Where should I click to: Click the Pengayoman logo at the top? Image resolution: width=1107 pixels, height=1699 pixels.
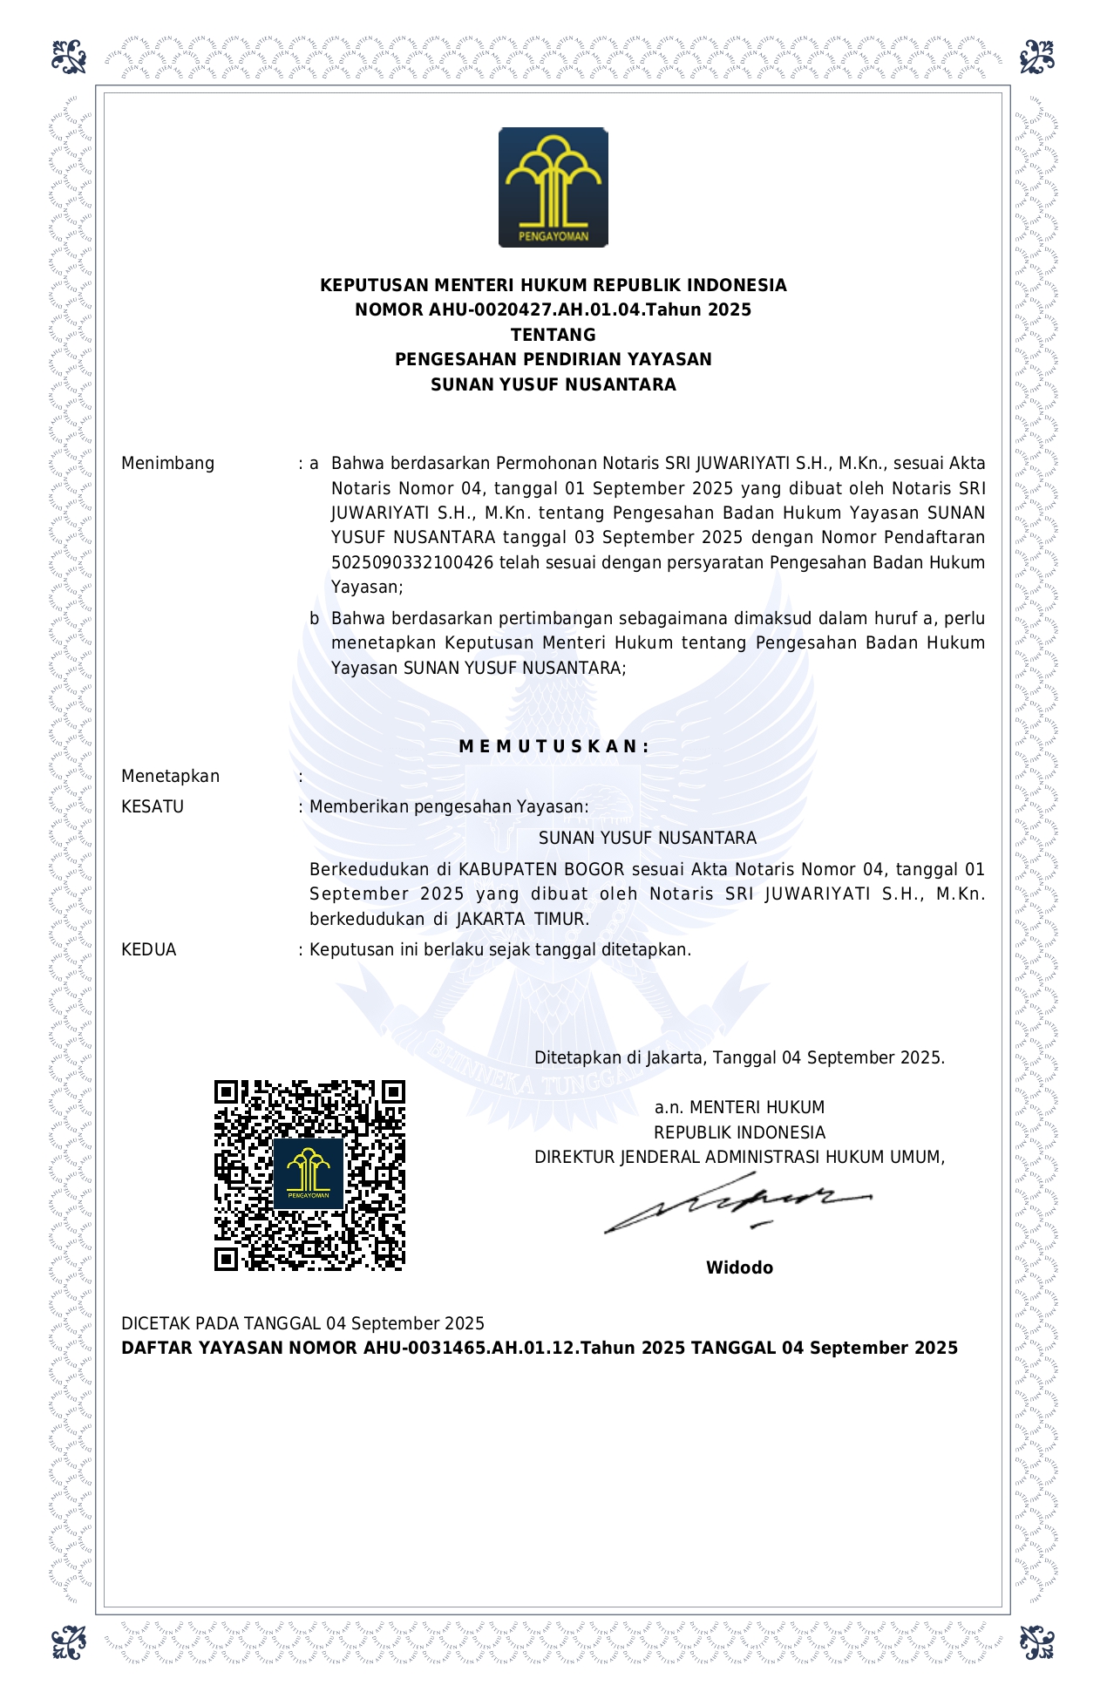pyautogui.click(x=553, y=187)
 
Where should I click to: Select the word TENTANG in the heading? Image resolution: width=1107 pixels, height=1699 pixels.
pyautogui.click(x=553, y=335)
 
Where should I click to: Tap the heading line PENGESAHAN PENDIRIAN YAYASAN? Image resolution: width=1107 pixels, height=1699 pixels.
pyautogui.click(x=553, y=359)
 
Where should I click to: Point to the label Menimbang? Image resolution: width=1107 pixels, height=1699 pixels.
pyautogui.click(x=167, y=464)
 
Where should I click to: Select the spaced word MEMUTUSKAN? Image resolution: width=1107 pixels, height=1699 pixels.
pyautogui.click(x=553, y=746)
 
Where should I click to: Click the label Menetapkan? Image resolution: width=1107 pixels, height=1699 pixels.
pyautogui.click(x=170, y=777)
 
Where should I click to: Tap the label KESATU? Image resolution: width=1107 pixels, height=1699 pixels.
pyautogui.click(x=153, y=807)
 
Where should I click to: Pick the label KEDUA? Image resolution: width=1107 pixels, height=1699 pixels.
pyautogui.click(x=149, y=950)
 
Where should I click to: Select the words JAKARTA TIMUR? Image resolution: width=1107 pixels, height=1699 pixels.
pyautogui.click(x=522, y=920)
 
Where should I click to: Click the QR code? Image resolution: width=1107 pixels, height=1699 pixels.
pyautogui.click(x=309, y=1175)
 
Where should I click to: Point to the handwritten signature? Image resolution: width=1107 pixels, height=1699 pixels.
pyautogui.click(x=737, y=1203)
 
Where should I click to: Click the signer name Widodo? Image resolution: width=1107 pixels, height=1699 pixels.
pyautogui.click(x=739, y=1268)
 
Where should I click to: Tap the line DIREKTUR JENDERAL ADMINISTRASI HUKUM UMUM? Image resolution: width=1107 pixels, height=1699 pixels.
pyautogui.click(x=739, y=1158)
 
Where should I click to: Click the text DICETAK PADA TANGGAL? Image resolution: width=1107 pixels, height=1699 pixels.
pyautogui.click(x=221, y=1324)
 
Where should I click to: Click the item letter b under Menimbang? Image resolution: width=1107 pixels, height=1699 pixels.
pyautogui.click(x=315, y=619)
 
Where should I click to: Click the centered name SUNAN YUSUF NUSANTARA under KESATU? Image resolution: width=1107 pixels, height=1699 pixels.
pyautogui.click(x=647, y=839)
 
